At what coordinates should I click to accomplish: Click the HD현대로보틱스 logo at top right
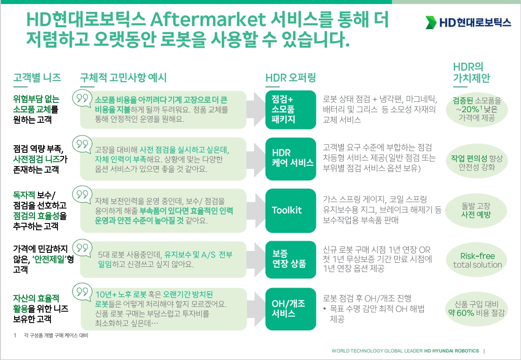point(468,22)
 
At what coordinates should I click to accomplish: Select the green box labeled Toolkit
point(291,211)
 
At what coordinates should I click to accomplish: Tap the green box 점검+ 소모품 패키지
point(291,110)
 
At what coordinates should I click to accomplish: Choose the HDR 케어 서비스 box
point(291,159)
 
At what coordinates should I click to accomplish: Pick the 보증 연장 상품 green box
point(291,259)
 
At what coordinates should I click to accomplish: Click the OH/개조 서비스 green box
point(291,309)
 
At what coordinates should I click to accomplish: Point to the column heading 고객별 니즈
point(37,78)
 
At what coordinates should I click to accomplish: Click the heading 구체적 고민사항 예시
point(123,78)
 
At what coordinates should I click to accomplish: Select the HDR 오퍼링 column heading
point(290,78)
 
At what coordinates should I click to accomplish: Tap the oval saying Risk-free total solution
point(477,260)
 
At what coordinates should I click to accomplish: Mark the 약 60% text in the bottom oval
point(461,312)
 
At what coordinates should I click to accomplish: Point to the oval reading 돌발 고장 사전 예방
point(476,210)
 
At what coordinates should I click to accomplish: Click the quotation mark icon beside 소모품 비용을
point(82,99)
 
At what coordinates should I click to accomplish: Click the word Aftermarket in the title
point(208,20)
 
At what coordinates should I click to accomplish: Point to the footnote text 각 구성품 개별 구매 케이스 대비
point(56,335)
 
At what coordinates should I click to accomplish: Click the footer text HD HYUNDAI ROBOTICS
point(452,351)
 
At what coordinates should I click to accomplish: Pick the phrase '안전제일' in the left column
point(49,259)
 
